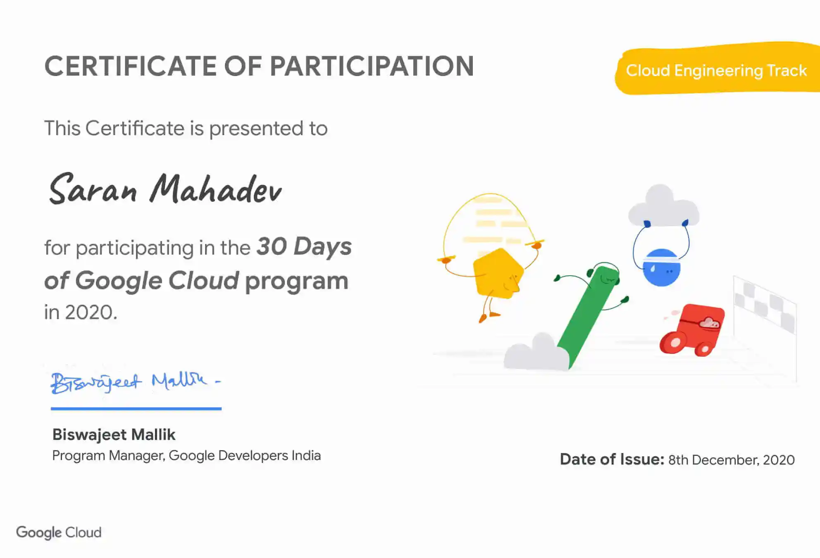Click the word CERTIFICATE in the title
[x=130, y=66]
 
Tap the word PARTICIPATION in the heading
[x=372, y=66]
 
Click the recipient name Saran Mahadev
[x=165, y=189]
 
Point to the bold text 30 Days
[x=304, y=247]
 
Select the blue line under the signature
[x=136, y=409]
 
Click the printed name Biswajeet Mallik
[x=114, y=435]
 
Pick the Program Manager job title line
[x=186, y=455]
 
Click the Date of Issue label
[x=612, y=459]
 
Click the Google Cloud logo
[x=59, y=533]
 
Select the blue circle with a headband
[x=661, y=268]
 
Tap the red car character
[x=692, y=330]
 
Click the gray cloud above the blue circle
[x=664, y=207]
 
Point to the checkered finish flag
[x=765, y=306]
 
